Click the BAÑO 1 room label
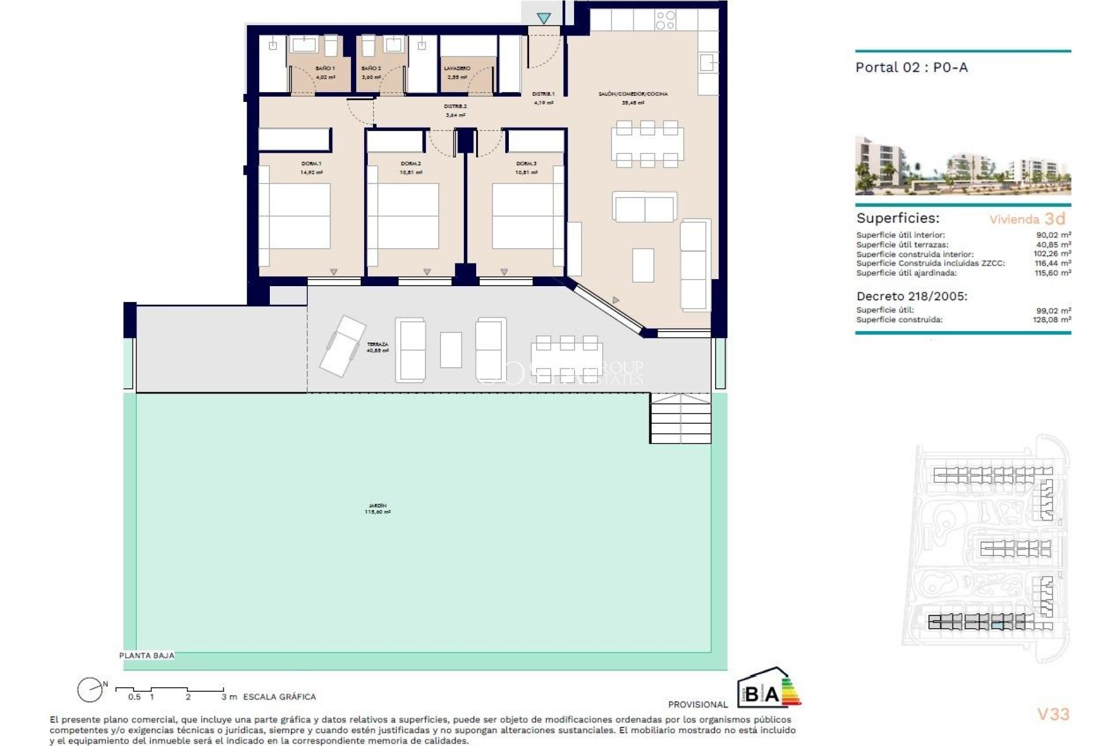(x=325, y=69)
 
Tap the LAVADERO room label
(x=457, y=69)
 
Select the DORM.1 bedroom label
(x=311, y=164)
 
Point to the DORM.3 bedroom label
(x=526, y=164)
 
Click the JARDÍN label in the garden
(x=377, y=506)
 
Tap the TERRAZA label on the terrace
(x=377, y=345)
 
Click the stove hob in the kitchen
(x=665, y=20)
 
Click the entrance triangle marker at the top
(x=544, y=19)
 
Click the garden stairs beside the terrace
(x=680, y=418)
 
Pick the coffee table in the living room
(x=643, y=265)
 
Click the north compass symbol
(x=90, y=691)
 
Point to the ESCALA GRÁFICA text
(x=279, y=696)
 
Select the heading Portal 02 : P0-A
(x=911, y=68)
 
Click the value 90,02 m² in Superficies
(x=1053, y=235)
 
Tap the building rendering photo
(x=962, y=166)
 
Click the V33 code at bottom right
(x=1053, y=714)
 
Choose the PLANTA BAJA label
(x=146, y=656)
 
